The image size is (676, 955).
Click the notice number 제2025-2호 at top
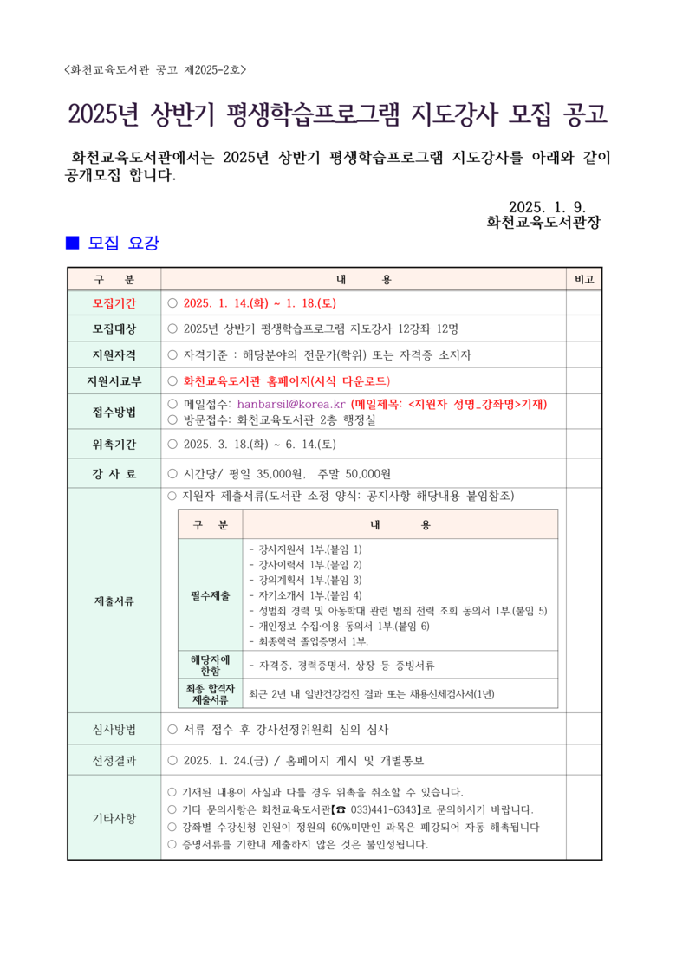220,70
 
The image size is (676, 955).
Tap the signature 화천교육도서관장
543,223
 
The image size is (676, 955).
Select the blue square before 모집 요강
73,244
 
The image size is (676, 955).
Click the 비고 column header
583,280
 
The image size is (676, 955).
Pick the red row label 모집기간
114,303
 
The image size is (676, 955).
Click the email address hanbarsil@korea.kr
291,404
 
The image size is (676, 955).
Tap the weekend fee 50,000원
367,473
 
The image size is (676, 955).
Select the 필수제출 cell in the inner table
211,595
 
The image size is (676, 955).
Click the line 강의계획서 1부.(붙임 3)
304,580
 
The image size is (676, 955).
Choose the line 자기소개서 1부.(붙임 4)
304,595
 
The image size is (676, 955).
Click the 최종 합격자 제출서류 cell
211,693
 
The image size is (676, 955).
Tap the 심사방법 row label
114,729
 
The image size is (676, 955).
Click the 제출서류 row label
114,600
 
